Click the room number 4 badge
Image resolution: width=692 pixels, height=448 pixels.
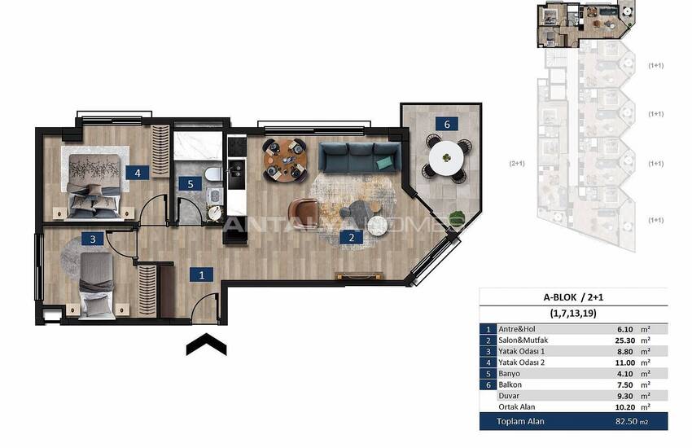[138, 173]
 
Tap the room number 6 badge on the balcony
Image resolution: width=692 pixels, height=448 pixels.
[447, 124]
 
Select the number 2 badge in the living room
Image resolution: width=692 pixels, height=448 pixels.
[352, 238]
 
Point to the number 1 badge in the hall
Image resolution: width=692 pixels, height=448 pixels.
[202, 275]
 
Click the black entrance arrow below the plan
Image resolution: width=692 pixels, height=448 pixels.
[207, 344]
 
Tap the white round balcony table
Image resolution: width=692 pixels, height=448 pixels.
[446, 158]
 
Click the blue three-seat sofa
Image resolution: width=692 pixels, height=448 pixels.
[360, 157]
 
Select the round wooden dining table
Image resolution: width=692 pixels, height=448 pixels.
[285, 160]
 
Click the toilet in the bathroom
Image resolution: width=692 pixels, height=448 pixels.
[212, 173]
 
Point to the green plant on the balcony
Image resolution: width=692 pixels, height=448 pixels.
[458, 217]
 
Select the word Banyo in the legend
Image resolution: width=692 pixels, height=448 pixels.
[510, 373]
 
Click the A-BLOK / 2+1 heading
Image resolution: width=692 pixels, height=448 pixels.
[573, 297]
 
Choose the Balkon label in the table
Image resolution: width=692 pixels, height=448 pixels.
[510, 384]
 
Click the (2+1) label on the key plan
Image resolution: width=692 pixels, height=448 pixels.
[517, 163]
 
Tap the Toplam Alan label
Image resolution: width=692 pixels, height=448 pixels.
[520, 421]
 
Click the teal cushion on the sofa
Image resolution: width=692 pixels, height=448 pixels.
[386, 163]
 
